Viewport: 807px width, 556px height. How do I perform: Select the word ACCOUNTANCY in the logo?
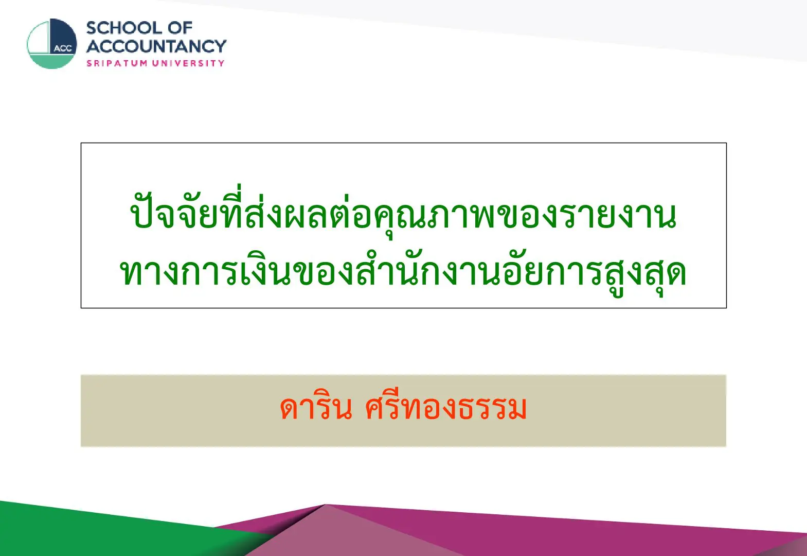(156, 46)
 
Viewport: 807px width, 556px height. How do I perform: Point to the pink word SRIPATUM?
(117, 63)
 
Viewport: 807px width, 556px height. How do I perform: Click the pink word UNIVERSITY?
(188, 63)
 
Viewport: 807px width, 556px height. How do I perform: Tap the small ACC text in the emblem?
(63, 48)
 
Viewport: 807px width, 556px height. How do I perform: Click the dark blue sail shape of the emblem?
(63, 36)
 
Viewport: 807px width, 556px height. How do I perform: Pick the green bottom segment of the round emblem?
(51, 61)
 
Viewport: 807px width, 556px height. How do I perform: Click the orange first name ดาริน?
(316, 407)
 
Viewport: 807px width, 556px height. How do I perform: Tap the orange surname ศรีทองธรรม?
(445, 407)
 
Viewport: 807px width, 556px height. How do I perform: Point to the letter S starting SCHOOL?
(92, 28)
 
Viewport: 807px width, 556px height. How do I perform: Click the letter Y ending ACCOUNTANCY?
(220, 46)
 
